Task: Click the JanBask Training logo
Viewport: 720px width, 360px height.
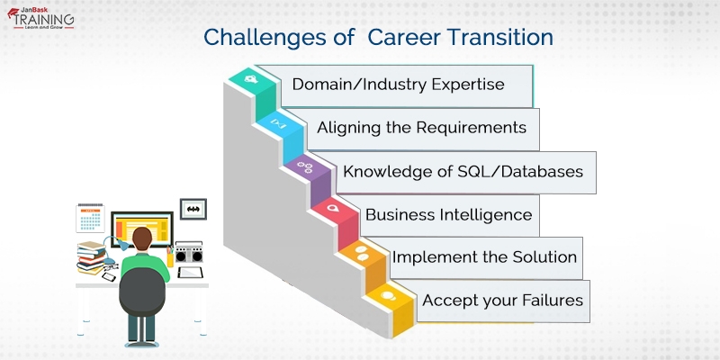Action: [x=43, y=19]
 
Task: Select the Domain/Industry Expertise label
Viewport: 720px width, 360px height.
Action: [x=398, y=85]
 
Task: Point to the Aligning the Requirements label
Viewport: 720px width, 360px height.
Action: [x=421, y=128]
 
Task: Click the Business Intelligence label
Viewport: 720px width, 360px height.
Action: [x=448, y=215]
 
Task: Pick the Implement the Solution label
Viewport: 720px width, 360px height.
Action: [x=484, y=257]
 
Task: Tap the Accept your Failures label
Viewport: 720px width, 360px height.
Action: [x=502, y=300]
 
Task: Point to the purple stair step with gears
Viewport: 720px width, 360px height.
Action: [x=303, y=167]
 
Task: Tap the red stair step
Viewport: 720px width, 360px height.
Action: [x=332, y=210]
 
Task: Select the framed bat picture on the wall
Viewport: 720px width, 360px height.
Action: [x=193, y=209]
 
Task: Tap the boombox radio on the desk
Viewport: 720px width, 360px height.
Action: [x=189, y=253]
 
